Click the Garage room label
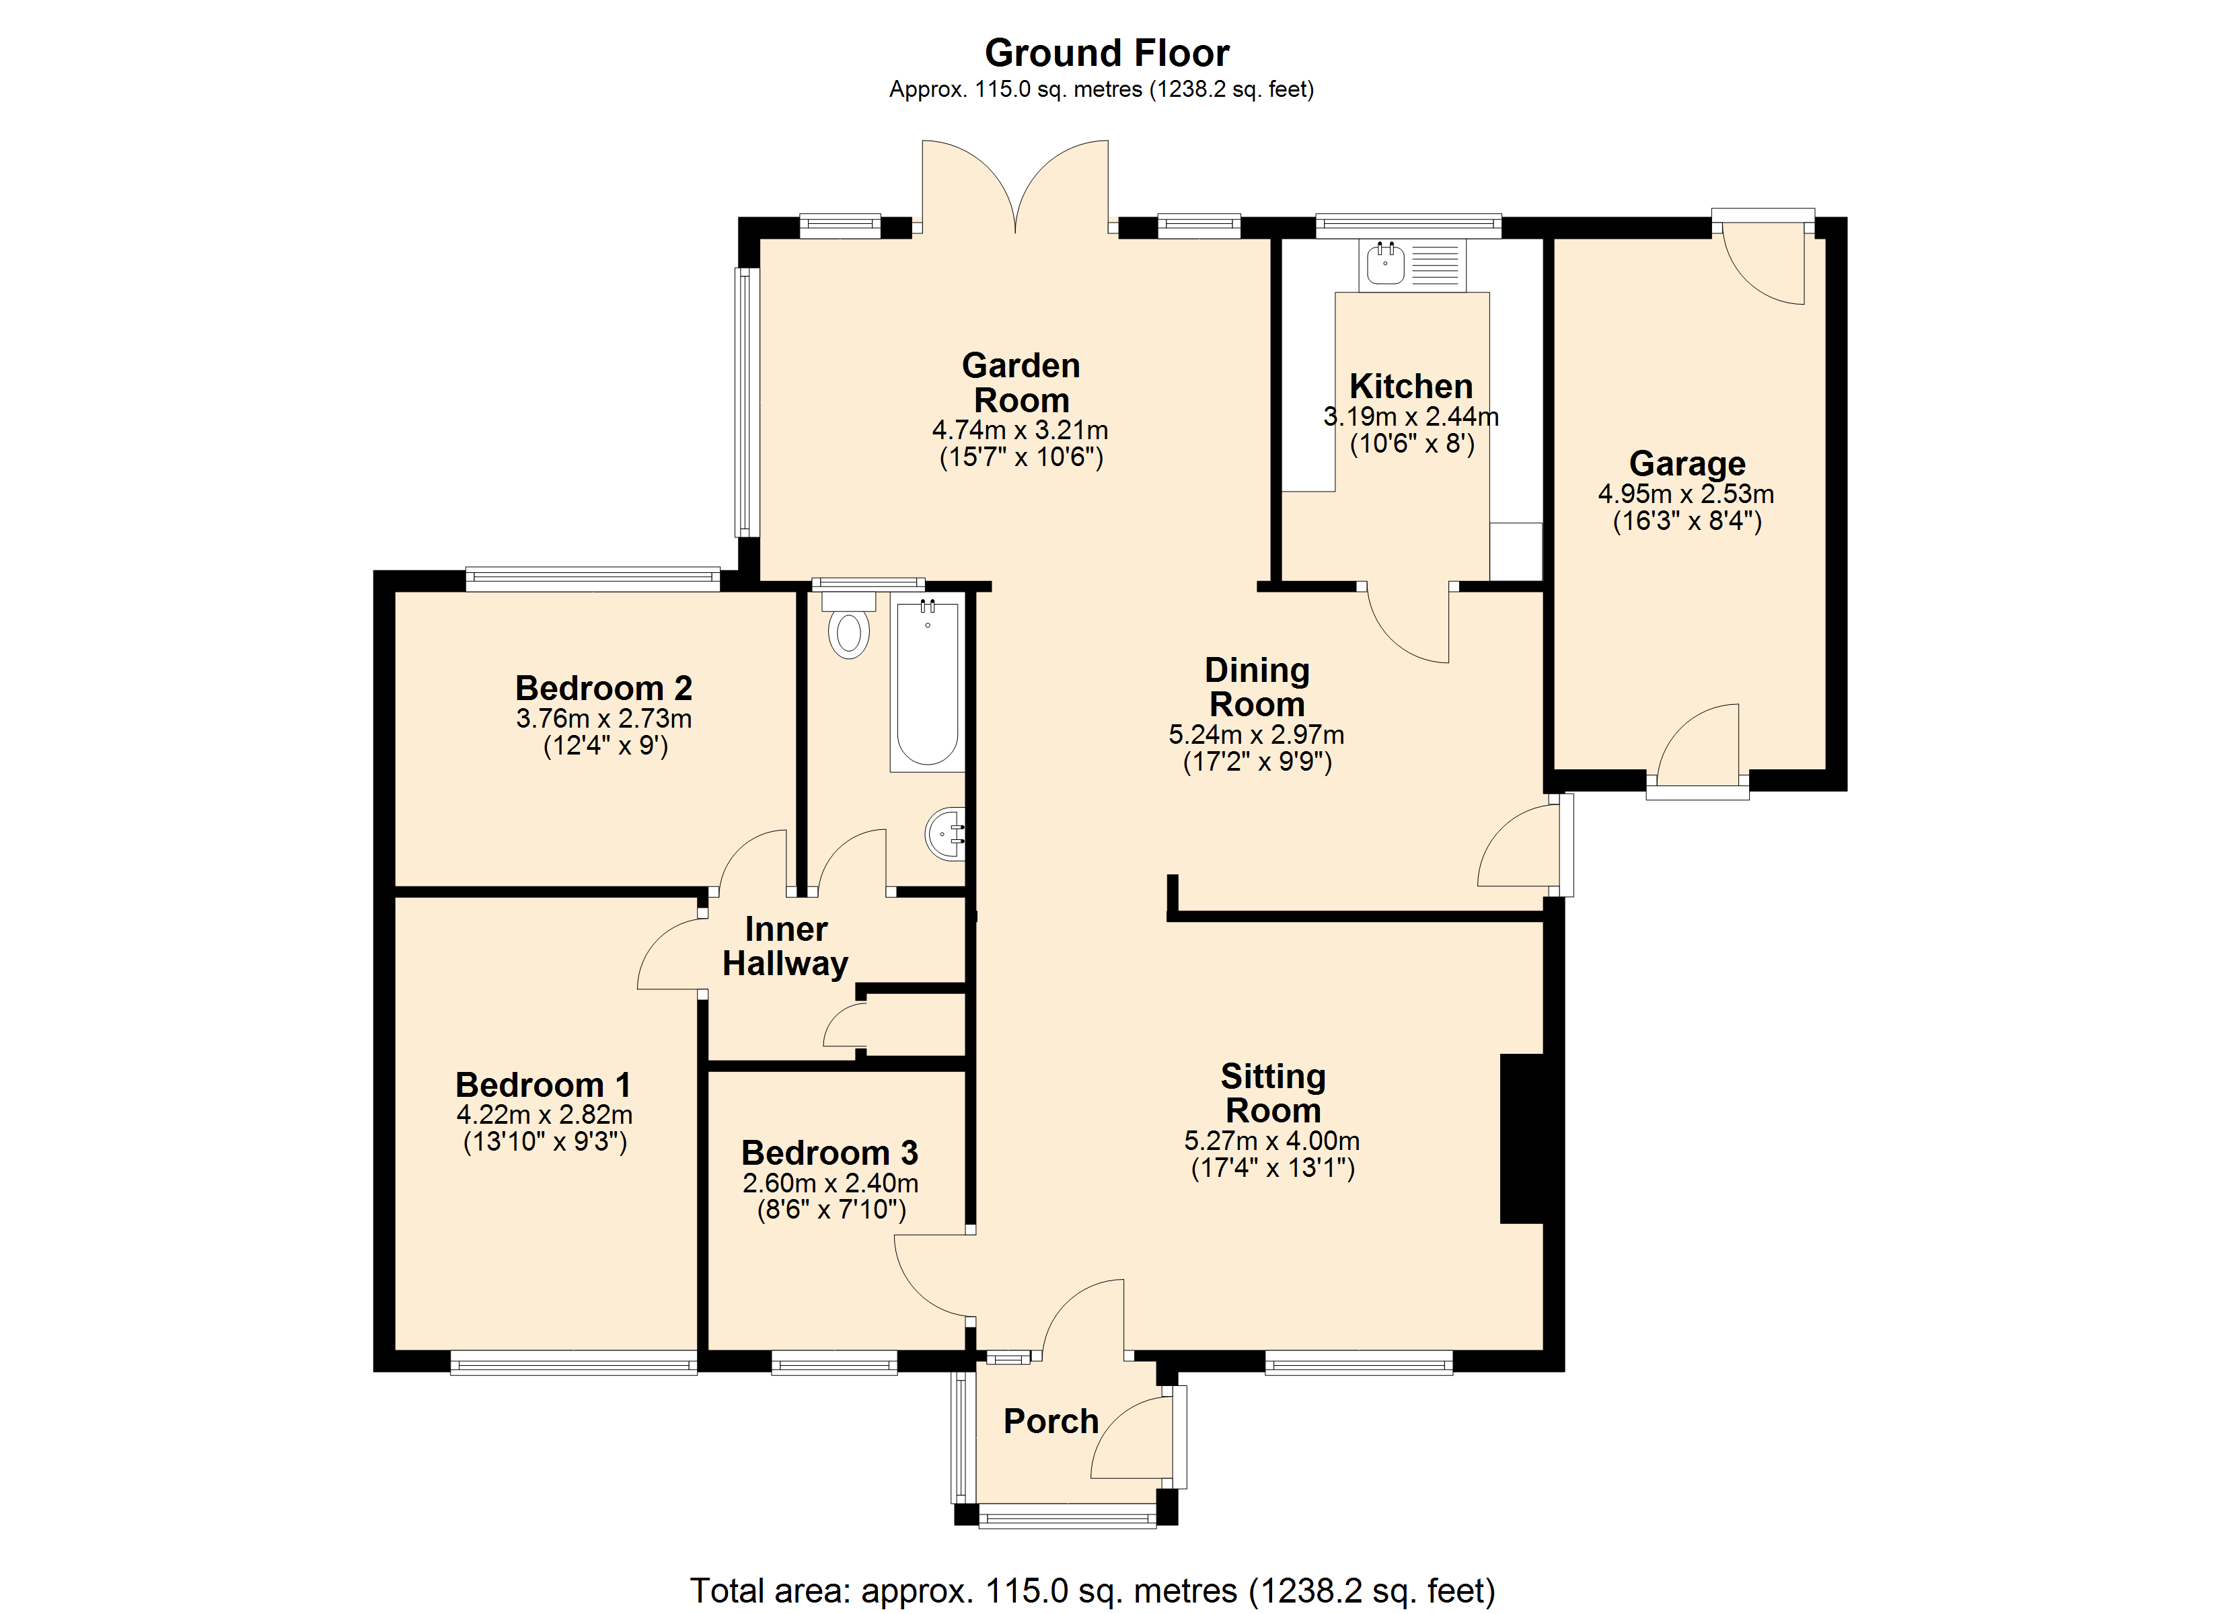[1687, 463]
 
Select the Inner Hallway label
[785, 946]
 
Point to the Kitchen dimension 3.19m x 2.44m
[1411, 417]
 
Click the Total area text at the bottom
[1093, 1590]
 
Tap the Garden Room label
[1021, 383]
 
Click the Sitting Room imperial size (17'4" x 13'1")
[1273, 1167]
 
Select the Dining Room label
[1257, 687]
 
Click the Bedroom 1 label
[544, 1085]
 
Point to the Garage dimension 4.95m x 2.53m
[1686, 494]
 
